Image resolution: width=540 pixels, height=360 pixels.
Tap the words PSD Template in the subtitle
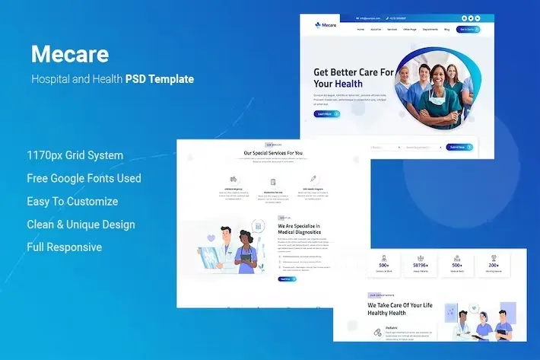pyautogui.click(x=160, y=78)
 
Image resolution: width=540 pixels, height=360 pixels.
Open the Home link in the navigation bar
pyautogui.click(x=361, y=30)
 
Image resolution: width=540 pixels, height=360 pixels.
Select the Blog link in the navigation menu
pyautogui.click(x=446, y=30)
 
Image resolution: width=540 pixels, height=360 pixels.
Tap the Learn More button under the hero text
pyautogui.click(x=326, y=114)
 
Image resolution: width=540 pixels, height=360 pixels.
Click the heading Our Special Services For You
pyautogui.click(x=273, y=153)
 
